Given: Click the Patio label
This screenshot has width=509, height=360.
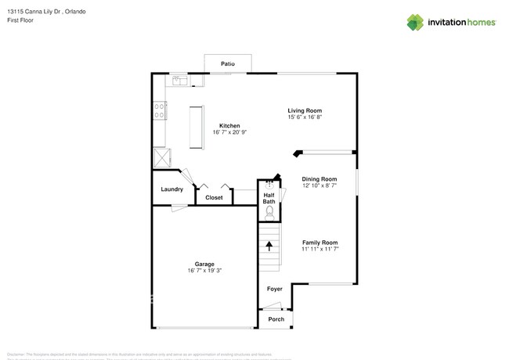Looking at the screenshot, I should tap(227, 63).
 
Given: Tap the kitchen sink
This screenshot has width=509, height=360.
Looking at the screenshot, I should tap(179, 80).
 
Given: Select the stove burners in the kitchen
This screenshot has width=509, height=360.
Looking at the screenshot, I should tap(159, 111).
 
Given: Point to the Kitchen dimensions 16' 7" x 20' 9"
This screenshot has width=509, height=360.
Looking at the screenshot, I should tap(229, 132).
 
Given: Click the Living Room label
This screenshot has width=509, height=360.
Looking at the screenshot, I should tap(305, 110).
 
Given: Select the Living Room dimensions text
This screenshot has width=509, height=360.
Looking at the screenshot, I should tap(305, 117).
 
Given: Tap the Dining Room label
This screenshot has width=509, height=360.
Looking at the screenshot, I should tap(319, 178).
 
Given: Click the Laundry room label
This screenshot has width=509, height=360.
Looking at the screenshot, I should tap(171, 189).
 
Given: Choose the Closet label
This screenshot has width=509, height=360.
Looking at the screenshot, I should tap(214, 198).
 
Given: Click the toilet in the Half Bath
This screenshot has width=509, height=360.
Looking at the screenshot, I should tap(269, 211).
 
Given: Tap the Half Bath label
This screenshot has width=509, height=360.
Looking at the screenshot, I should tap(269, 199).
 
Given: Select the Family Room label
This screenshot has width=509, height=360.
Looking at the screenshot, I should tap(319, 242).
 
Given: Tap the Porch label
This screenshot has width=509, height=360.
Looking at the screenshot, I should tap(276, 319).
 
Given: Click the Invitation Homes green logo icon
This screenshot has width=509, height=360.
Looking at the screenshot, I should tap(414, 23).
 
